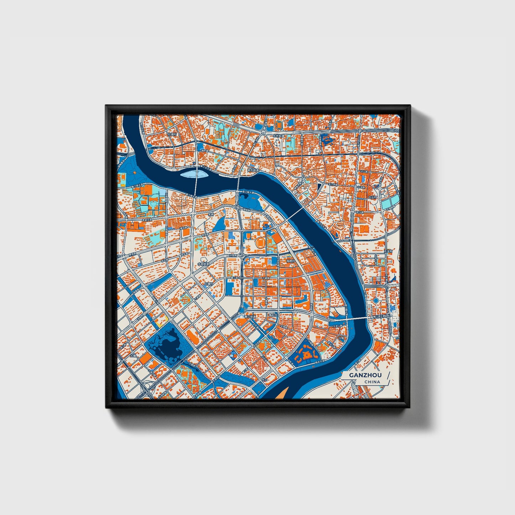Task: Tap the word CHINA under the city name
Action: (x=372, y=382)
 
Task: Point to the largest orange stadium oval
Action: (x=260, y=244)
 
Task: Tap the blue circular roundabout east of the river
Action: (x=376, y=300)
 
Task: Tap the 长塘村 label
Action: (x=208, y=284)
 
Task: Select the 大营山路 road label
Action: (x=337, y=326)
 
